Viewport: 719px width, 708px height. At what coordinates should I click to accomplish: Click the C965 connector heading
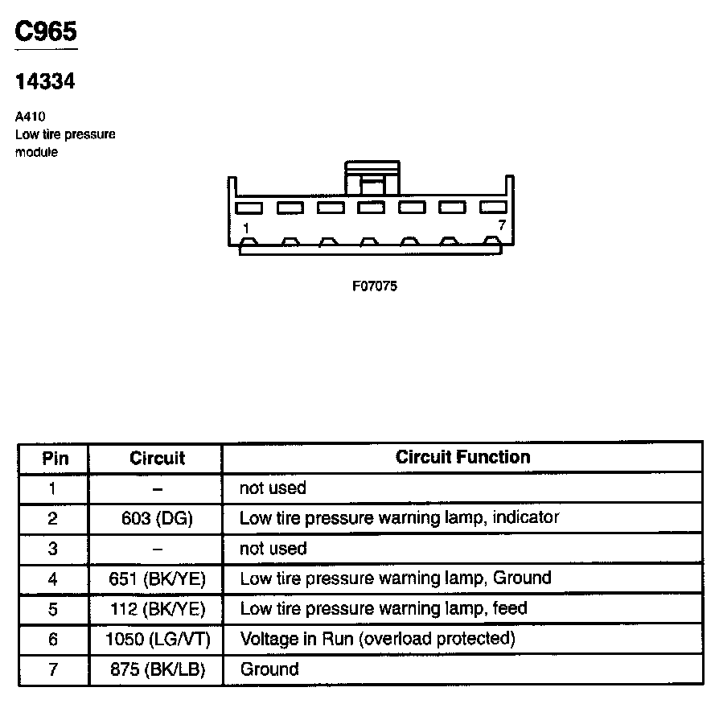[x=46, y=32]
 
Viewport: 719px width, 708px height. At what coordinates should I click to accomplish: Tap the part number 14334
[x=45, y=81]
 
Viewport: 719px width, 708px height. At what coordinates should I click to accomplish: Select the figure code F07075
[x=375, y=286]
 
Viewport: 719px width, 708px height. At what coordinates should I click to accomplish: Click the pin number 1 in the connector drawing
[x=246, y=228]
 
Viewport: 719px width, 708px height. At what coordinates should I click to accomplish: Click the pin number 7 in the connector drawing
[x=501, y=225]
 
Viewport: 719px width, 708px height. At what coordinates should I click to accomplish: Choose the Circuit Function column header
[x=462, y=458]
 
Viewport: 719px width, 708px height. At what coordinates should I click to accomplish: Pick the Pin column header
[x=54, y=459]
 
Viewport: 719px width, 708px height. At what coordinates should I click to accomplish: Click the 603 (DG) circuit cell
[x=157, y=519]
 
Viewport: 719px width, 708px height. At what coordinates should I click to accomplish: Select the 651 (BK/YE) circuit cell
[x=157, y=579]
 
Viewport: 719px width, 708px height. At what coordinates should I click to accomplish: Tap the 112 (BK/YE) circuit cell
[x=157, y=609]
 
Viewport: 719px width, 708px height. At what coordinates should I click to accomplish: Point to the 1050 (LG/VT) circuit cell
[x=157, y=640]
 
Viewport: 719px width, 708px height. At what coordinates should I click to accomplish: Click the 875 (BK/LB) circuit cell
[x=157, y=669]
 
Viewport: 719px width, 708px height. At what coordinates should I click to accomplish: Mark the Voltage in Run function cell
[x=376, y=639]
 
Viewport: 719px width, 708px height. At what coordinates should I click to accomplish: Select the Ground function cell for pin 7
[x=269, y=669]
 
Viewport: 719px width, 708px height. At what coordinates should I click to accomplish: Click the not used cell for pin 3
[x=273, y=549]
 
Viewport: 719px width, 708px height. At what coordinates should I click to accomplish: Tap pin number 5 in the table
[x=53, y=609]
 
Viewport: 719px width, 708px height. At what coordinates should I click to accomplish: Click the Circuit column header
[x=157, y=459]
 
